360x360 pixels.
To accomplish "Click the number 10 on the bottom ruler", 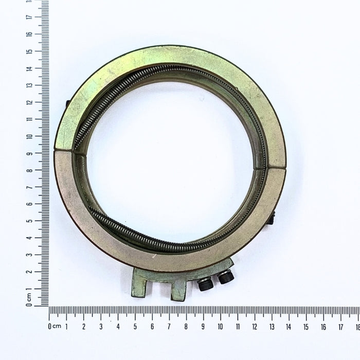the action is tap(220, 327).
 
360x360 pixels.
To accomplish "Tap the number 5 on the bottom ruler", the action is tap(135, 327).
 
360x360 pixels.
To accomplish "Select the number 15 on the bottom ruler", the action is tap(306, 327).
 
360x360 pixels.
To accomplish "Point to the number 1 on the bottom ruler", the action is tap(66, 327).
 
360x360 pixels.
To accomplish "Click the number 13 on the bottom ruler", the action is tap(272, 327).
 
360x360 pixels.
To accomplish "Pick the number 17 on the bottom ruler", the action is tap(340, 327).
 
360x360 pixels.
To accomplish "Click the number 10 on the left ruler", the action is tap(29, 136).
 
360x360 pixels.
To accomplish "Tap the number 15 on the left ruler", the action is tap(29, 51).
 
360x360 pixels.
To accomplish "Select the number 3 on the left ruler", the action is tap(29, 255).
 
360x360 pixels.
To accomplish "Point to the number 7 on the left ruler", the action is tap(29, 187).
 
